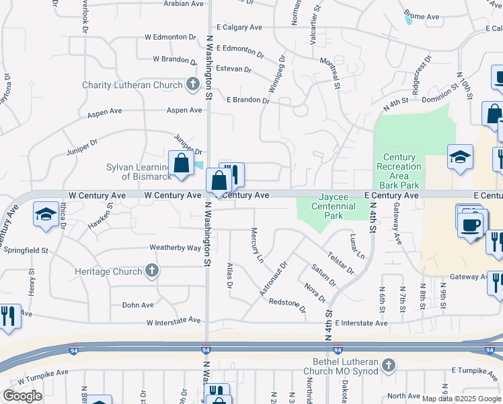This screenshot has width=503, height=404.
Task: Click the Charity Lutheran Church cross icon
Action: coord(193,85)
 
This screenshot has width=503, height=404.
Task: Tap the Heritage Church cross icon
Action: coord(152,271)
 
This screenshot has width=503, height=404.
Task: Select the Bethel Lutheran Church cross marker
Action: coord(387,366)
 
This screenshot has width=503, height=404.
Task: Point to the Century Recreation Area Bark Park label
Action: coord(399,171)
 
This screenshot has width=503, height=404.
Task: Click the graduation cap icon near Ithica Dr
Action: coord(45,215)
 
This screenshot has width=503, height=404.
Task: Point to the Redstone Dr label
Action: coord(287,306)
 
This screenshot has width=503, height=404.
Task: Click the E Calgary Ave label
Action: coord(237,28)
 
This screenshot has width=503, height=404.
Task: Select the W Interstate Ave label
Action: coord(173,321)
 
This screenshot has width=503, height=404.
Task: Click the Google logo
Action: coord(23,396)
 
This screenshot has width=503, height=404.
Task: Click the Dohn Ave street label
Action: coord(139,305)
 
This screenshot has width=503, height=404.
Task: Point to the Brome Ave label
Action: coord(421,16)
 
